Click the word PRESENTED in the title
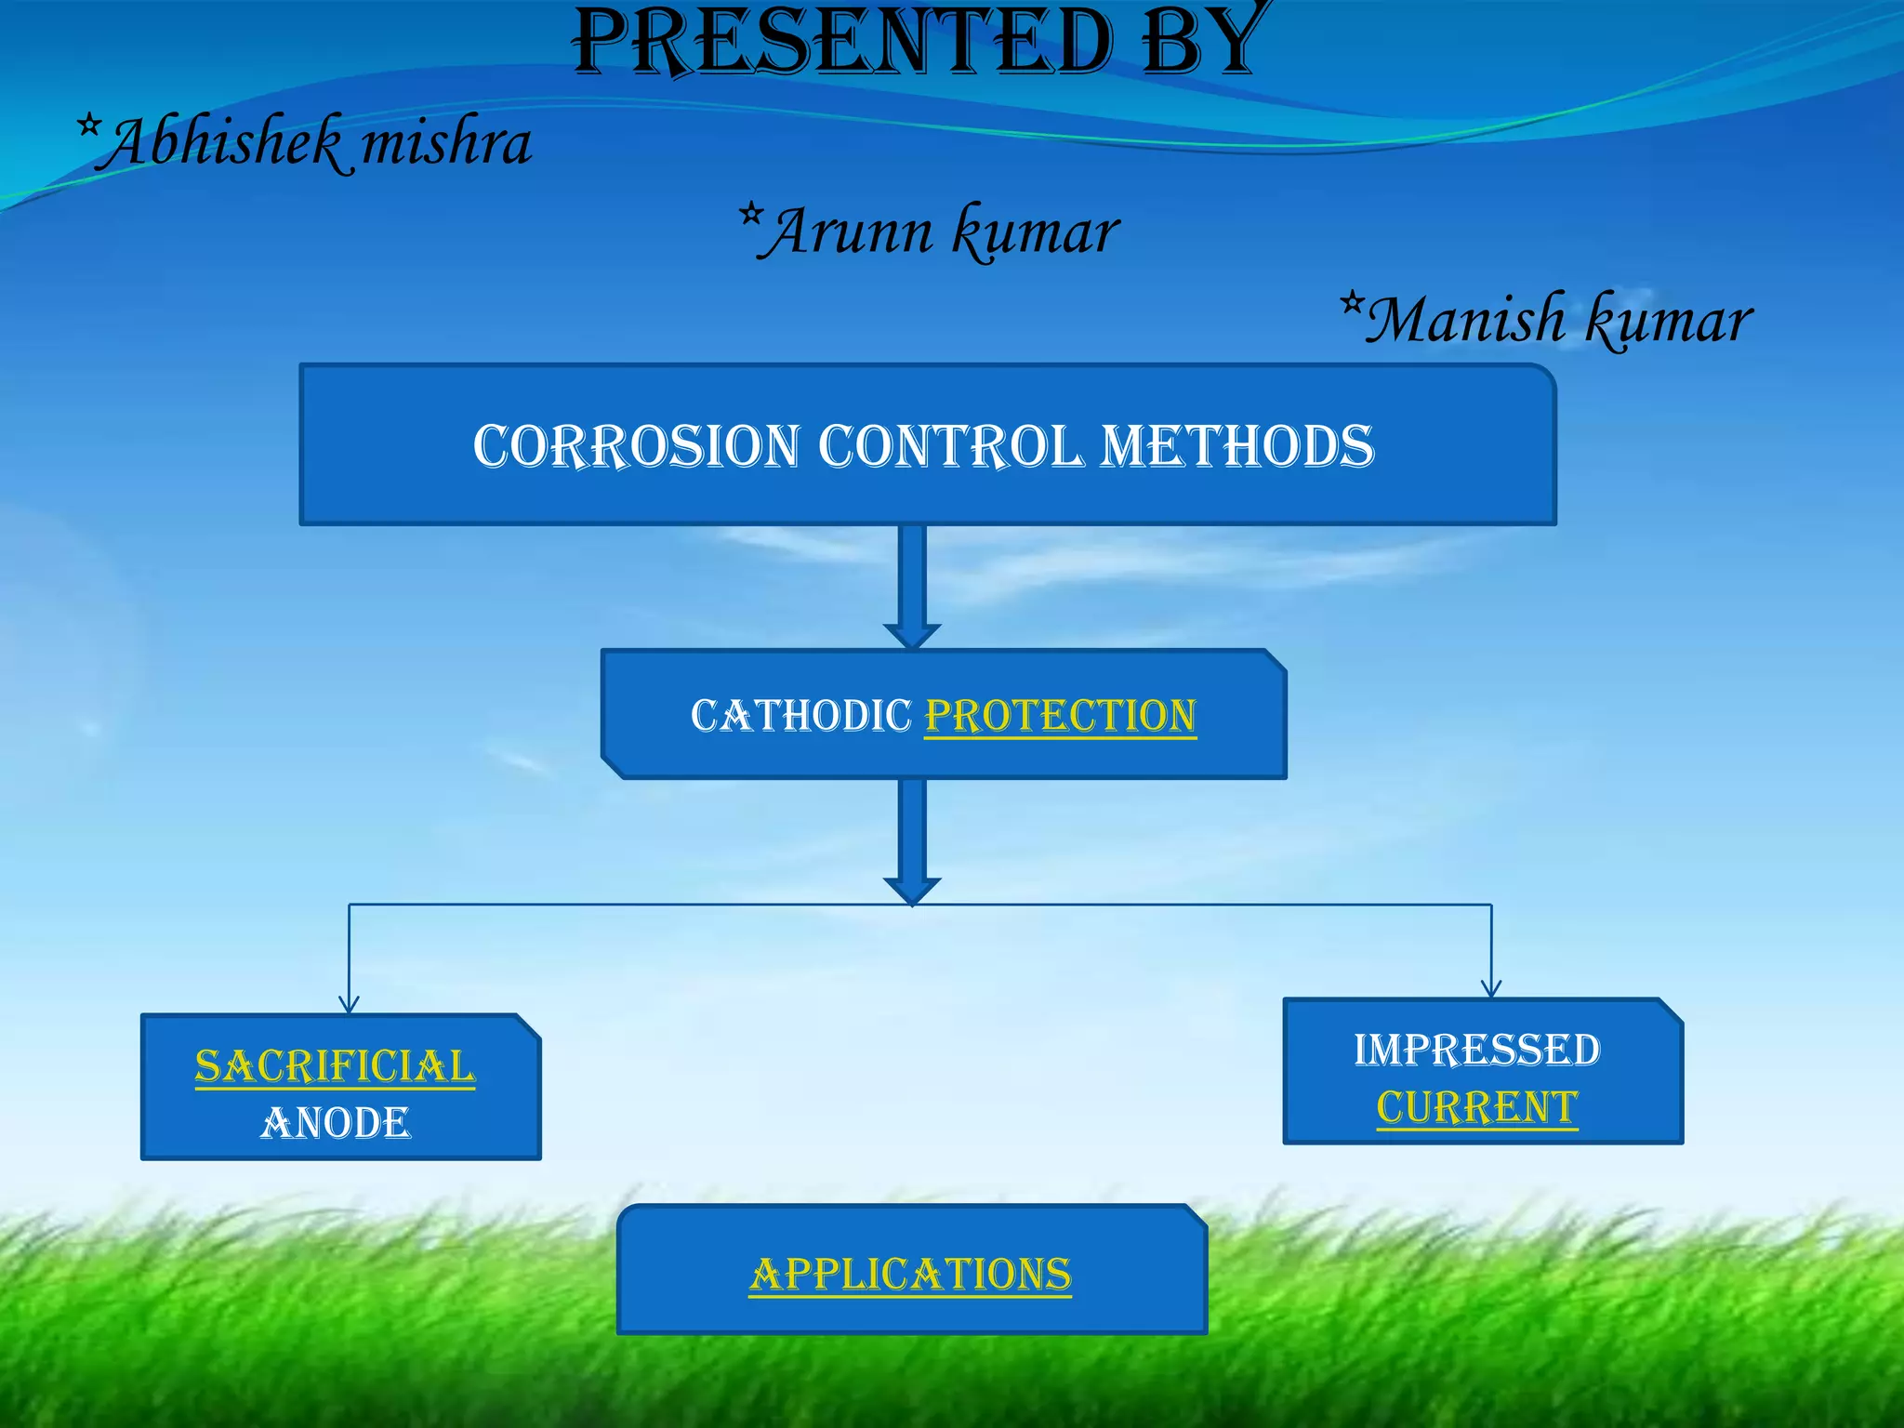[841, 42]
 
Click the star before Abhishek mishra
[88, 125]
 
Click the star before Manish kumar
[1353, 302]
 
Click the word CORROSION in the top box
[636, 446]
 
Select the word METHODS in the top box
[1236, 446]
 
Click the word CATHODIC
[801, 716]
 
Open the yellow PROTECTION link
[1060, 716]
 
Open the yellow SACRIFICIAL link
[335, 1066]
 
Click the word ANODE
[335, 1123]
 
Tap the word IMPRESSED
[1476, 1051]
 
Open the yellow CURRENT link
[1476, 1107]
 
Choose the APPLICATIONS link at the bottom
[910, 1275]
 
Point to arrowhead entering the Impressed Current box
[1491, 988]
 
